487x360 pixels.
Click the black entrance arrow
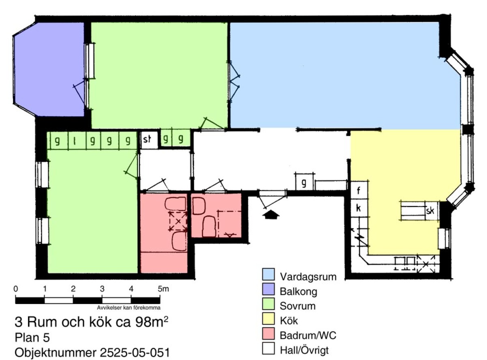tap(271, 214)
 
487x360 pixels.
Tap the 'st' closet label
tap(147, 139)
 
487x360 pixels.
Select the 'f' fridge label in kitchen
tap(358, 190)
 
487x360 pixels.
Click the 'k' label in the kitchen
tap(358, 208)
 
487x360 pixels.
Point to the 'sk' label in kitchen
tap(430, 211)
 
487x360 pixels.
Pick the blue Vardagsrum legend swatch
tap(268, 274)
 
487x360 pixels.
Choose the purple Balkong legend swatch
tap(268, 289)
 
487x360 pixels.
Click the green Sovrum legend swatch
tap(268, 304)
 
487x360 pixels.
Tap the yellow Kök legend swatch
tap(268, 319)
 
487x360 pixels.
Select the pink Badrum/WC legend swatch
tap(268, 334)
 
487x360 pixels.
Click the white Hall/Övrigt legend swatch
tap(268, 348)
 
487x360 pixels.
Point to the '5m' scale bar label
tap(164, 289)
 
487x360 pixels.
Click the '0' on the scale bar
tap(15, 289)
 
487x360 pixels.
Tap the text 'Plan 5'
tap(32, 337)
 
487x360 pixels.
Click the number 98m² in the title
tap(152, 321)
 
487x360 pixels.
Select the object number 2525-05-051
tap(135, 353)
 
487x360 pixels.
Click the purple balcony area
tap(48, 69)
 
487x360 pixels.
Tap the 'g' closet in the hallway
tap(304, 182)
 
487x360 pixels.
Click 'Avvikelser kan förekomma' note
tap(129, 308)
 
